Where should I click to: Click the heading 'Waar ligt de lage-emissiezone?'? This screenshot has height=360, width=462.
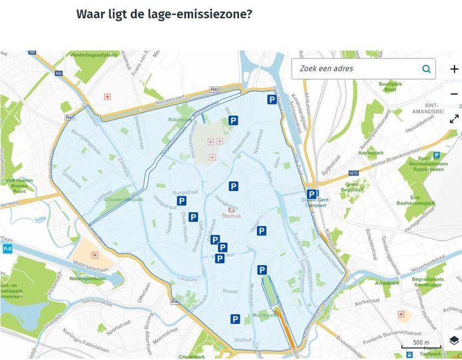[164, 14]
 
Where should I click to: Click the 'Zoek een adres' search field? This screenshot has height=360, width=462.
[356, 69]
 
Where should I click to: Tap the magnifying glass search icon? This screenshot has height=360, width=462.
[426, 69]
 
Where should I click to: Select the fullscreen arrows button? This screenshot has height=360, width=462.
[454, 119]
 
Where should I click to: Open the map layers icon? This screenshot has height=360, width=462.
[454, 340]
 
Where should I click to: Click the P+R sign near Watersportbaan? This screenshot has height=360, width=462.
[8, 248]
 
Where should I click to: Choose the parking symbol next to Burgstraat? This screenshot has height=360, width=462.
[181, 200]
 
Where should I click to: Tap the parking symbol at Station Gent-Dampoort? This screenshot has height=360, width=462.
[311, 194]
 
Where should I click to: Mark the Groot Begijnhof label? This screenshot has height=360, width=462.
[353, 188]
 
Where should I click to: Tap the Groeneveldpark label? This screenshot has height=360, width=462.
[124, 198]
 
